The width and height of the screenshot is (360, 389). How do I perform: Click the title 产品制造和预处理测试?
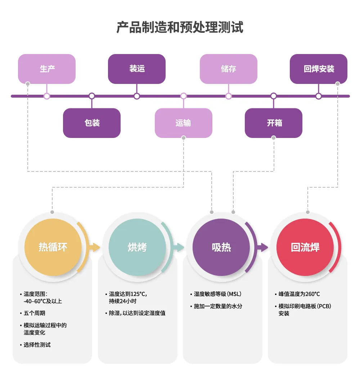point(180,27)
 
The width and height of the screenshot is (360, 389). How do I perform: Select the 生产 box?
point(47,69)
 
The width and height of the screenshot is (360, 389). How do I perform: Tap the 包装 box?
point(92,123)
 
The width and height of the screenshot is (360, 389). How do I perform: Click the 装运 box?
point(137,69)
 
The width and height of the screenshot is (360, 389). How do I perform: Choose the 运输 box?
point(183,123)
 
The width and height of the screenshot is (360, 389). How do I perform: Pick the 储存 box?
point(229,69)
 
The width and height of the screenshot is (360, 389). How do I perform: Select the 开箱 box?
point(274,123)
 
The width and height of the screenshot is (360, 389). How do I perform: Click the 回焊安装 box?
point(319,69)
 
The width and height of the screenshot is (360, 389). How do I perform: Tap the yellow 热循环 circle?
point(53,247)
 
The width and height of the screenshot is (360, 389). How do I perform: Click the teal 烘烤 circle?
point(137,247)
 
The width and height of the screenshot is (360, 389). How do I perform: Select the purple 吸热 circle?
point(221,247)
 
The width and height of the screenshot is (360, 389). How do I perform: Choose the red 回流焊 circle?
point(305,247)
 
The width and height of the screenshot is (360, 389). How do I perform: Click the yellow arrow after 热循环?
point(95,247)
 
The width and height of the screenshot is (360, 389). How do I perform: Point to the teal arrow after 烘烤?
point(179,247)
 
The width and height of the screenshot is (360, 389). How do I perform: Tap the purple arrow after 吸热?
point(263,247)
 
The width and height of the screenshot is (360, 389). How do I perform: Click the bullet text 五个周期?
point(35,313)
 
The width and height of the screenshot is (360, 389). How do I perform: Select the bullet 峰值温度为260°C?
point(299,294)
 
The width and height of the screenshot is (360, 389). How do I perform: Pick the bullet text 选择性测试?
point(37,345)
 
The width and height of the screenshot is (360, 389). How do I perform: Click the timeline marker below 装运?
point(137,96)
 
